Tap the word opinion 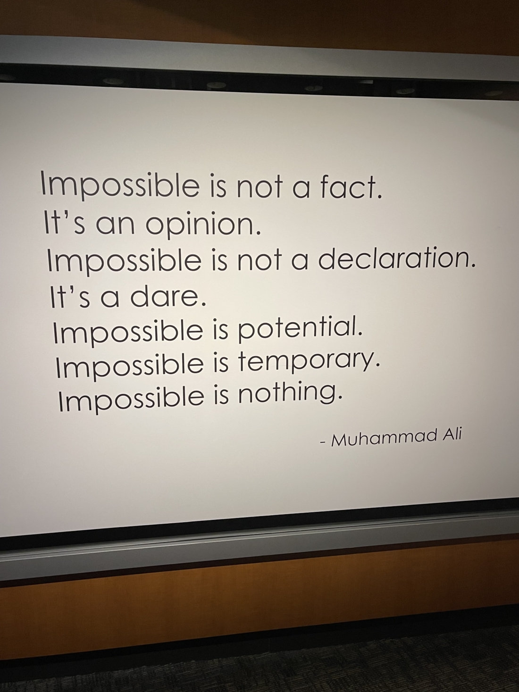(203, 225)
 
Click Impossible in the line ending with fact (120, 186)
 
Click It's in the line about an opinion (65, 222)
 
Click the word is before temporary (221, 366)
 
